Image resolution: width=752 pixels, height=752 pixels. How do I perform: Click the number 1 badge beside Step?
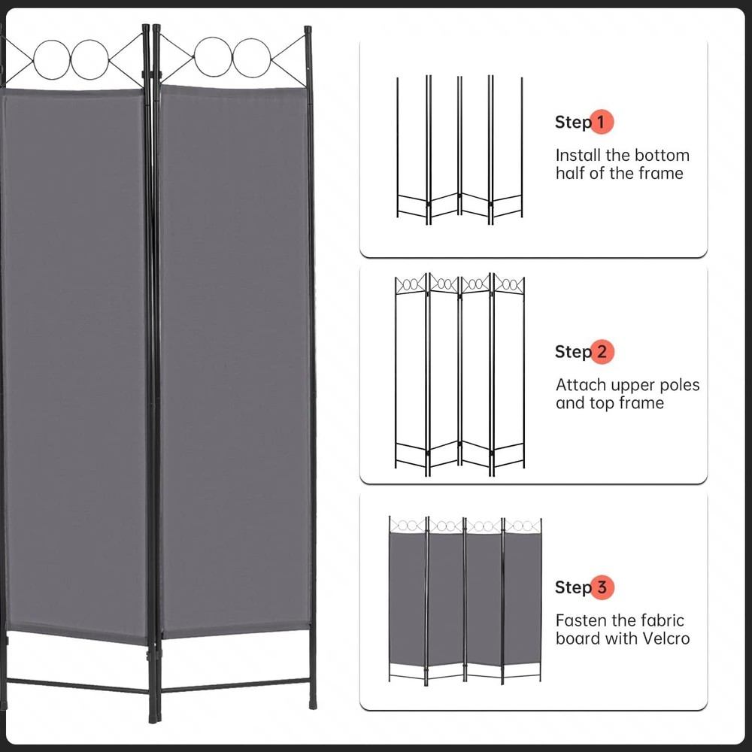tap(602, 122)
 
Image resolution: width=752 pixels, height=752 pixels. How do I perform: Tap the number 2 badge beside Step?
tap(602, 352)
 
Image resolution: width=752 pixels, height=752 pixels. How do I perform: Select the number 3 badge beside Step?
tap(602, 587)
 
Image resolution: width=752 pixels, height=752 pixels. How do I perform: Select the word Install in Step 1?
tap(578, 156)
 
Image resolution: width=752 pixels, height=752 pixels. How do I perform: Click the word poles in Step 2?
tap(677, 385)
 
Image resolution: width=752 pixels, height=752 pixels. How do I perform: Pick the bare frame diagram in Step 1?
tap(459, 149)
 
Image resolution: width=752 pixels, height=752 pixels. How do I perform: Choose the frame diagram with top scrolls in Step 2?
tap(459, 374)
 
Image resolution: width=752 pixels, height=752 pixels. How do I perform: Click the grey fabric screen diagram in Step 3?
tap(465, 599)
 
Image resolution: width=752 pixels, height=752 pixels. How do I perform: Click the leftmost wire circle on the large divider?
tap(52, 59)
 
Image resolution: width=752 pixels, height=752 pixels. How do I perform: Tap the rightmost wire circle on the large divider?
tap(251, 58)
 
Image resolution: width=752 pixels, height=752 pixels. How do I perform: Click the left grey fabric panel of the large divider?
tap(75, 361)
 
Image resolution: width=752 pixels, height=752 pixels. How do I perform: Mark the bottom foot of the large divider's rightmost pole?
tap(313, 704)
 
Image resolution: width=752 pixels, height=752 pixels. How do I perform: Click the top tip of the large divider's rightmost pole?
tap(308, 30)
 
